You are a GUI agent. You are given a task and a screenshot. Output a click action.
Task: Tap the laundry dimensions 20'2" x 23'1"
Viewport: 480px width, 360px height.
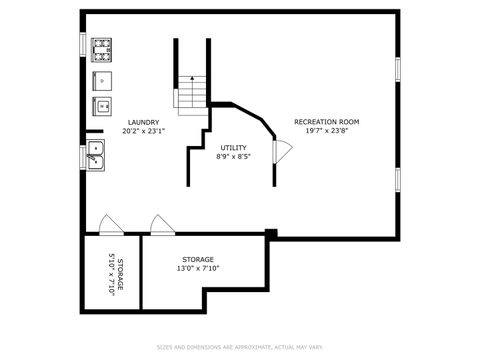pos(144,131)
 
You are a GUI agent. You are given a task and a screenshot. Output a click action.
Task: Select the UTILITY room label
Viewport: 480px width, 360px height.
pos(233,148)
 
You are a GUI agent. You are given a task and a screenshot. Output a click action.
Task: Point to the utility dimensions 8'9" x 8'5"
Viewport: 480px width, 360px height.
pos(233,156)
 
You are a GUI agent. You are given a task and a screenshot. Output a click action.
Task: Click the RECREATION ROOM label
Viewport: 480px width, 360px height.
pos(326,122)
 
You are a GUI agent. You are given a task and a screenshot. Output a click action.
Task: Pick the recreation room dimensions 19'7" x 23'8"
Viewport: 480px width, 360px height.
pos(326,130)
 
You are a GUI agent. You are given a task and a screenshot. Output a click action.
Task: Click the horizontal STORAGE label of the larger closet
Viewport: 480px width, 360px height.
pos(197,259)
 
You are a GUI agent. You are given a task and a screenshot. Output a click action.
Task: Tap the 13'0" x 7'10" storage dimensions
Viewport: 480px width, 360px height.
pos(197,268)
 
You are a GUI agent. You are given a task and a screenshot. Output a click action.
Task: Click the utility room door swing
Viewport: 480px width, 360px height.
pos(283,151)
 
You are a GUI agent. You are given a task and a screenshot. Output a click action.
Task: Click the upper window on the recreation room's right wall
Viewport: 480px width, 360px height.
pos(397,69)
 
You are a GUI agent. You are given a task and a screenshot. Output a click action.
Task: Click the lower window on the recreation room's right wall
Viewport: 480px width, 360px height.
pos(397,179)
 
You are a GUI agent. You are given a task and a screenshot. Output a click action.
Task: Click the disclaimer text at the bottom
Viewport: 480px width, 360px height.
pos(240,347)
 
